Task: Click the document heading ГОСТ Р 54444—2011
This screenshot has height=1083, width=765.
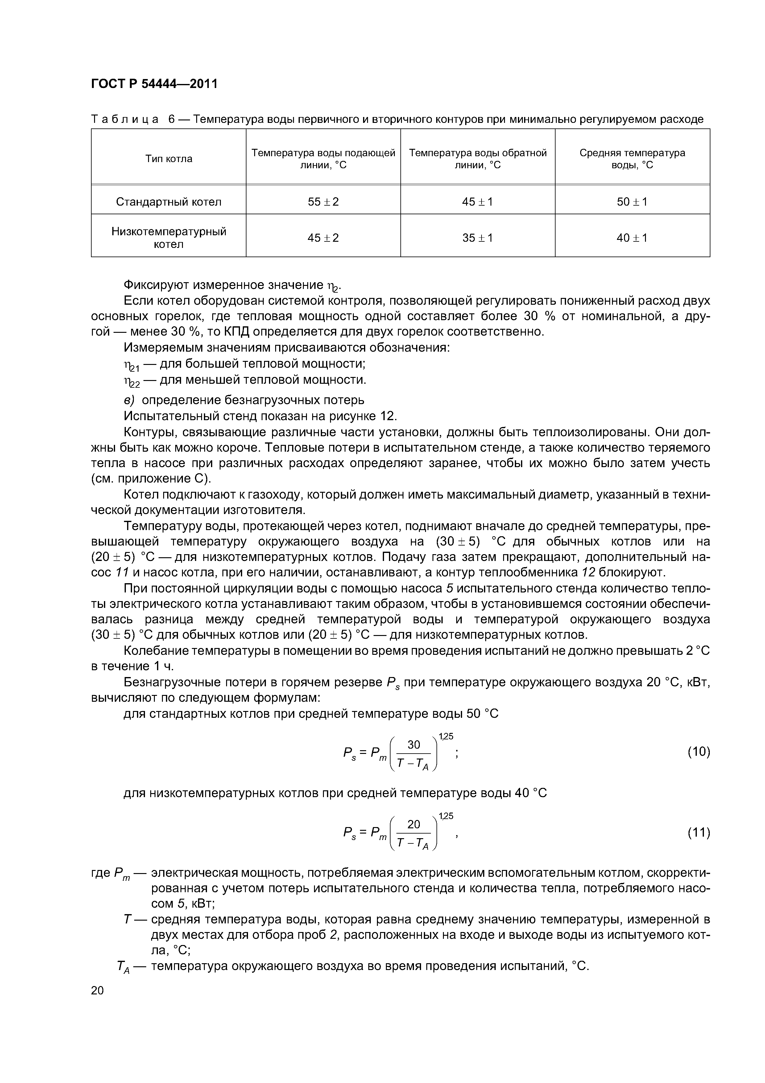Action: click(x=154, y=84)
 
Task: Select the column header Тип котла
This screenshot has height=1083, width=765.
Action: click(x=169, y=159)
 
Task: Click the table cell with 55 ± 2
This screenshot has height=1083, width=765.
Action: click(x=323, y=202)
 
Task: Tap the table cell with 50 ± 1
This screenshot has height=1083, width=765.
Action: click(x=632, y=202)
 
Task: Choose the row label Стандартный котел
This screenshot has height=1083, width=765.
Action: click(x=169, y=202)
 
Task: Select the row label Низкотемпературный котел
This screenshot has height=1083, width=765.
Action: click(x=169, y=238)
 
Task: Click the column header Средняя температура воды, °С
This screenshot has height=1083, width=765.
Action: click(x=632, y=159)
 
